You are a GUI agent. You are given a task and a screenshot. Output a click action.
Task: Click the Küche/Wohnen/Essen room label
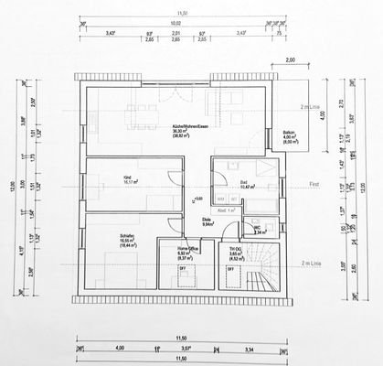pos(189,126)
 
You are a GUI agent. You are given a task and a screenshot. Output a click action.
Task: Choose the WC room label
pos(259,226)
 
